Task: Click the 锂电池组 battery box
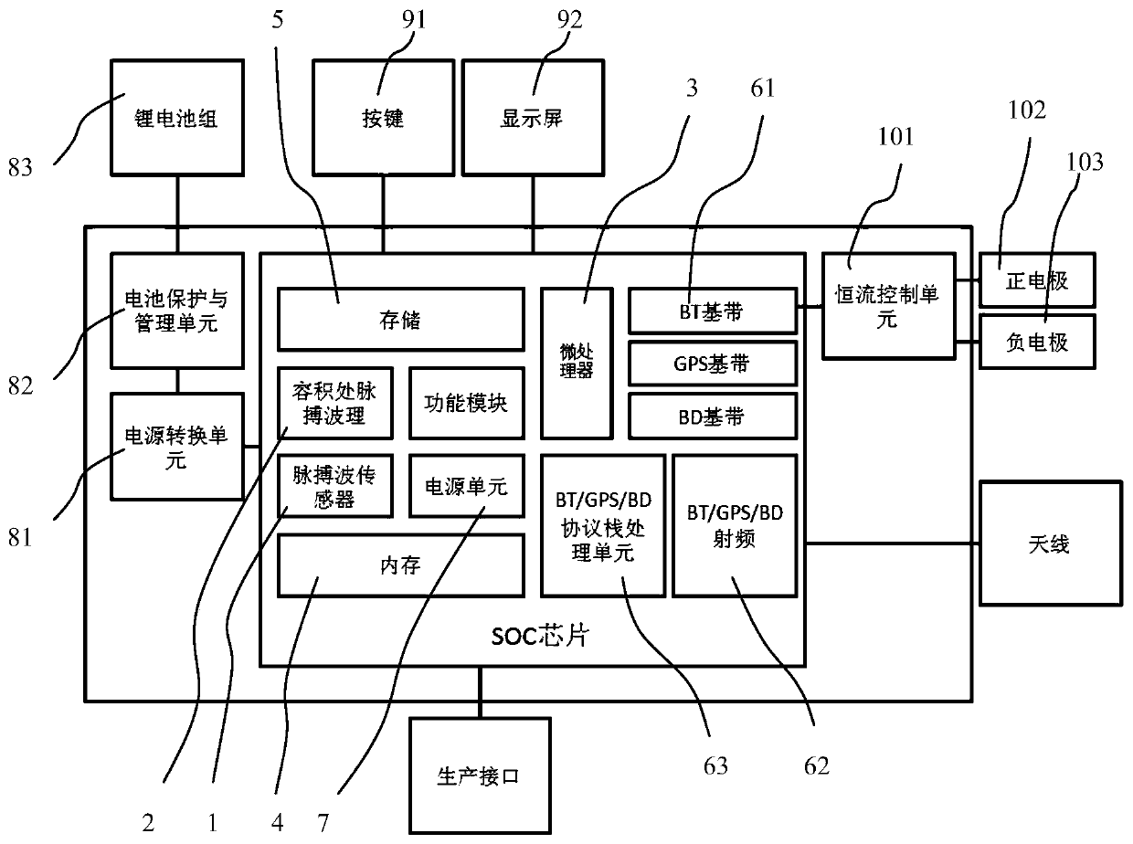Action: pyautogui.click(x=177, y=119)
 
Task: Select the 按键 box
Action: pyautogui.click(x=383, y=119)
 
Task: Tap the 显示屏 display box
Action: pyautogui.click(x=533, y=119)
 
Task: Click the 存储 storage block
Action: pyautogui.click(x=400, y=320)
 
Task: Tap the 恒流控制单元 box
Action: pyautogui.click(x=888, y=305)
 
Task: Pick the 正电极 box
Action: pyautogui.click(x=1036, y=280)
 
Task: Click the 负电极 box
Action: pyautogui.click(x=1036, y=342)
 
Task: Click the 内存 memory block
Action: pyautogui.click(x=400, y=564)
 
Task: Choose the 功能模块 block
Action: pyautogui.click(x=466, y=403)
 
